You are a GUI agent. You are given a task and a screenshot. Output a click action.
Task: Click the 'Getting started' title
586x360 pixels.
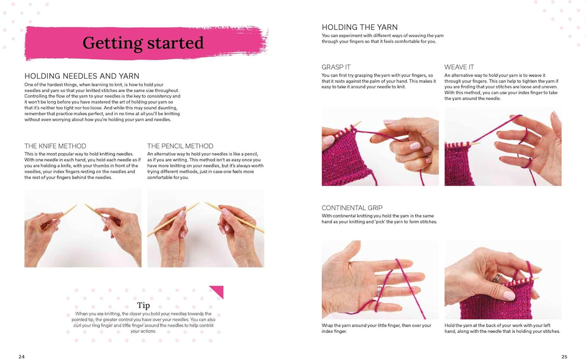pos(143,43)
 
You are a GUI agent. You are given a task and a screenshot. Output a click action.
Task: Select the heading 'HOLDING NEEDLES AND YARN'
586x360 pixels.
pos(82,76)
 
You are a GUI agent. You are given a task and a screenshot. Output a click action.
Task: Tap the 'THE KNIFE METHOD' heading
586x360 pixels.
pos(55,146)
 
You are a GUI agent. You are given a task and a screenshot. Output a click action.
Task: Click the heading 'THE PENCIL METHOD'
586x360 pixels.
pos(180,146)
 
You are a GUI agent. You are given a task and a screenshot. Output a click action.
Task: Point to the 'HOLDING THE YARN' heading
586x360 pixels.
pos(360,27)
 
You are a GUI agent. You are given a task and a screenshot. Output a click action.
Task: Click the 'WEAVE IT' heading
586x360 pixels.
pos(459,67)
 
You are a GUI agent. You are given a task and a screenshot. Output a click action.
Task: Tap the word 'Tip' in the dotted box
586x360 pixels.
pos(143,305)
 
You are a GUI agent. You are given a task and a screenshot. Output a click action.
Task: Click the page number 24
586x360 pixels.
pos(21,357)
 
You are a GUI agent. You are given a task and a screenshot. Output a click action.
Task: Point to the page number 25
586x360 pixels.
pos(564,357)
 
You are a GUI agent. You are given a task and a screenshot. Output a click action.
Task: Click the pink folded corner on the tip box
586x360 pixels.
pos(218,291)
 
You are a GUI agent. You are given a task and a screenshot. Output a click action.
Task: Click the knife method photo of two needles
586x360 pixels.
pos(83,227)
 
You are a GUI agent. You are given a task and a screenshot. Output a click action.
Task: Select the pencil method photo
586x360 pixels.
pos(206,227)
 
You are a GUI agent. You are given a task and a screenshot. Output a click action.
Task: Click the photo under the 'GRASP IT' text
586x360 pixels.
pos(380,146)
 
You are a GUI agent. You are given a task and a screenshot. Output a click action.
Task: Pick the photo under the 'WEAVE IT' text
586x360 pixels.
pos(502,146)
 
